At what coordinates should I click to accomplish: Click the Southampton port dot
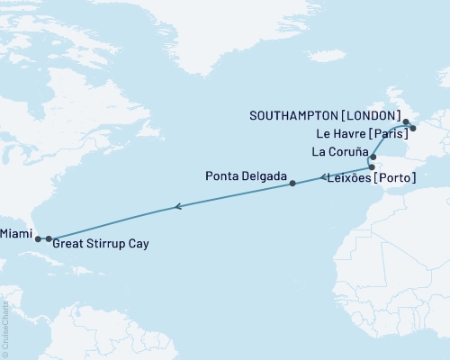tap(406, 121)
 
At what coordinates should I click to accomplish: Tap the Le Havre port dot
tap(412, 129)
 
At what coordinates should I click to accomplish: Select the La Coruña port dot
tap(373, 157)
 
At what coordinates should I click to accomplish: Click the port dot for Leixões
tap(371, 167)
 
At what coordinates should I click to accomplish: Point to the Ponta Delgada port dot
tap(292, 184)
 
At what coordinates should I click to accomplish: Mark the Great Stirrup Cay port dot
tap(49, 239)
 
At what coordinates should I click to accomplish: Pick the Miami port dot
tap(38, 239)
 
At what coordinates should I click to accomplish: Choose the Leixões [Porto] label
tap(369, 179)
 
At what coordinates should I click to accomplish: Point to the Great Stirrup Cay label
tap(101, 244)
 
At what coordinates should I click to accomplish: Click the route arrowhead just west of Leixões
tap(322, 178)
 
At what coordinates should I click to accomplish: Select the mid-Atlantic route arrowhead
tap(178, 207)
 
